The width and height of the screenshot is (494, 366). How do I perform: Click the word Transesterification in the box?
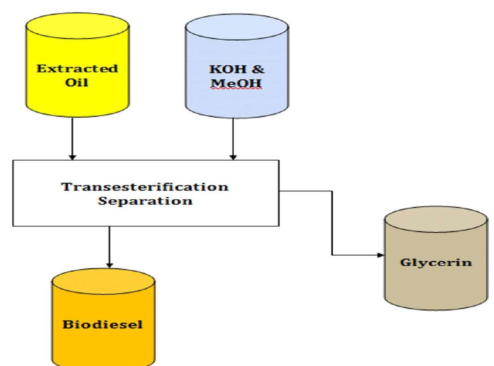(x=145, y=186)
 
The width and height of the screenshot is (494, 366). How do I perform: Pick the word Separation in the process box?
(x=145, y=200)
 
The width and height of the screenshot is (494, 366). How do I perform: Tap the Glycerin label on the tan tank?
(x=436, y=262)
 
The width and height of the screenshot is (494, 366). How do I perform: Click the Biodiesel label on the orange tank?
(x=103, y=324)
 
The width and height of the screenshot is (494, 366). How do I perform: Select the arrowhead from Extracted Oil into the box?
(x=72, y=157)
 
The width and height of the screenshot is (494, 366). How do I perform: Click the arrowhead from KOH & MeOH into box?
(x=233, y=157)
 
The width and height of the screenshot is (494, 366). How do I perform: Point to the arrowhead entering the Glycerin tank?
(x=381, y=255)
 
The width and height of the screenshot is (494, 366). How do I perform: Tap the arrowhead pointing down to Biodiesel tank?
(x=109, y=265)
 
